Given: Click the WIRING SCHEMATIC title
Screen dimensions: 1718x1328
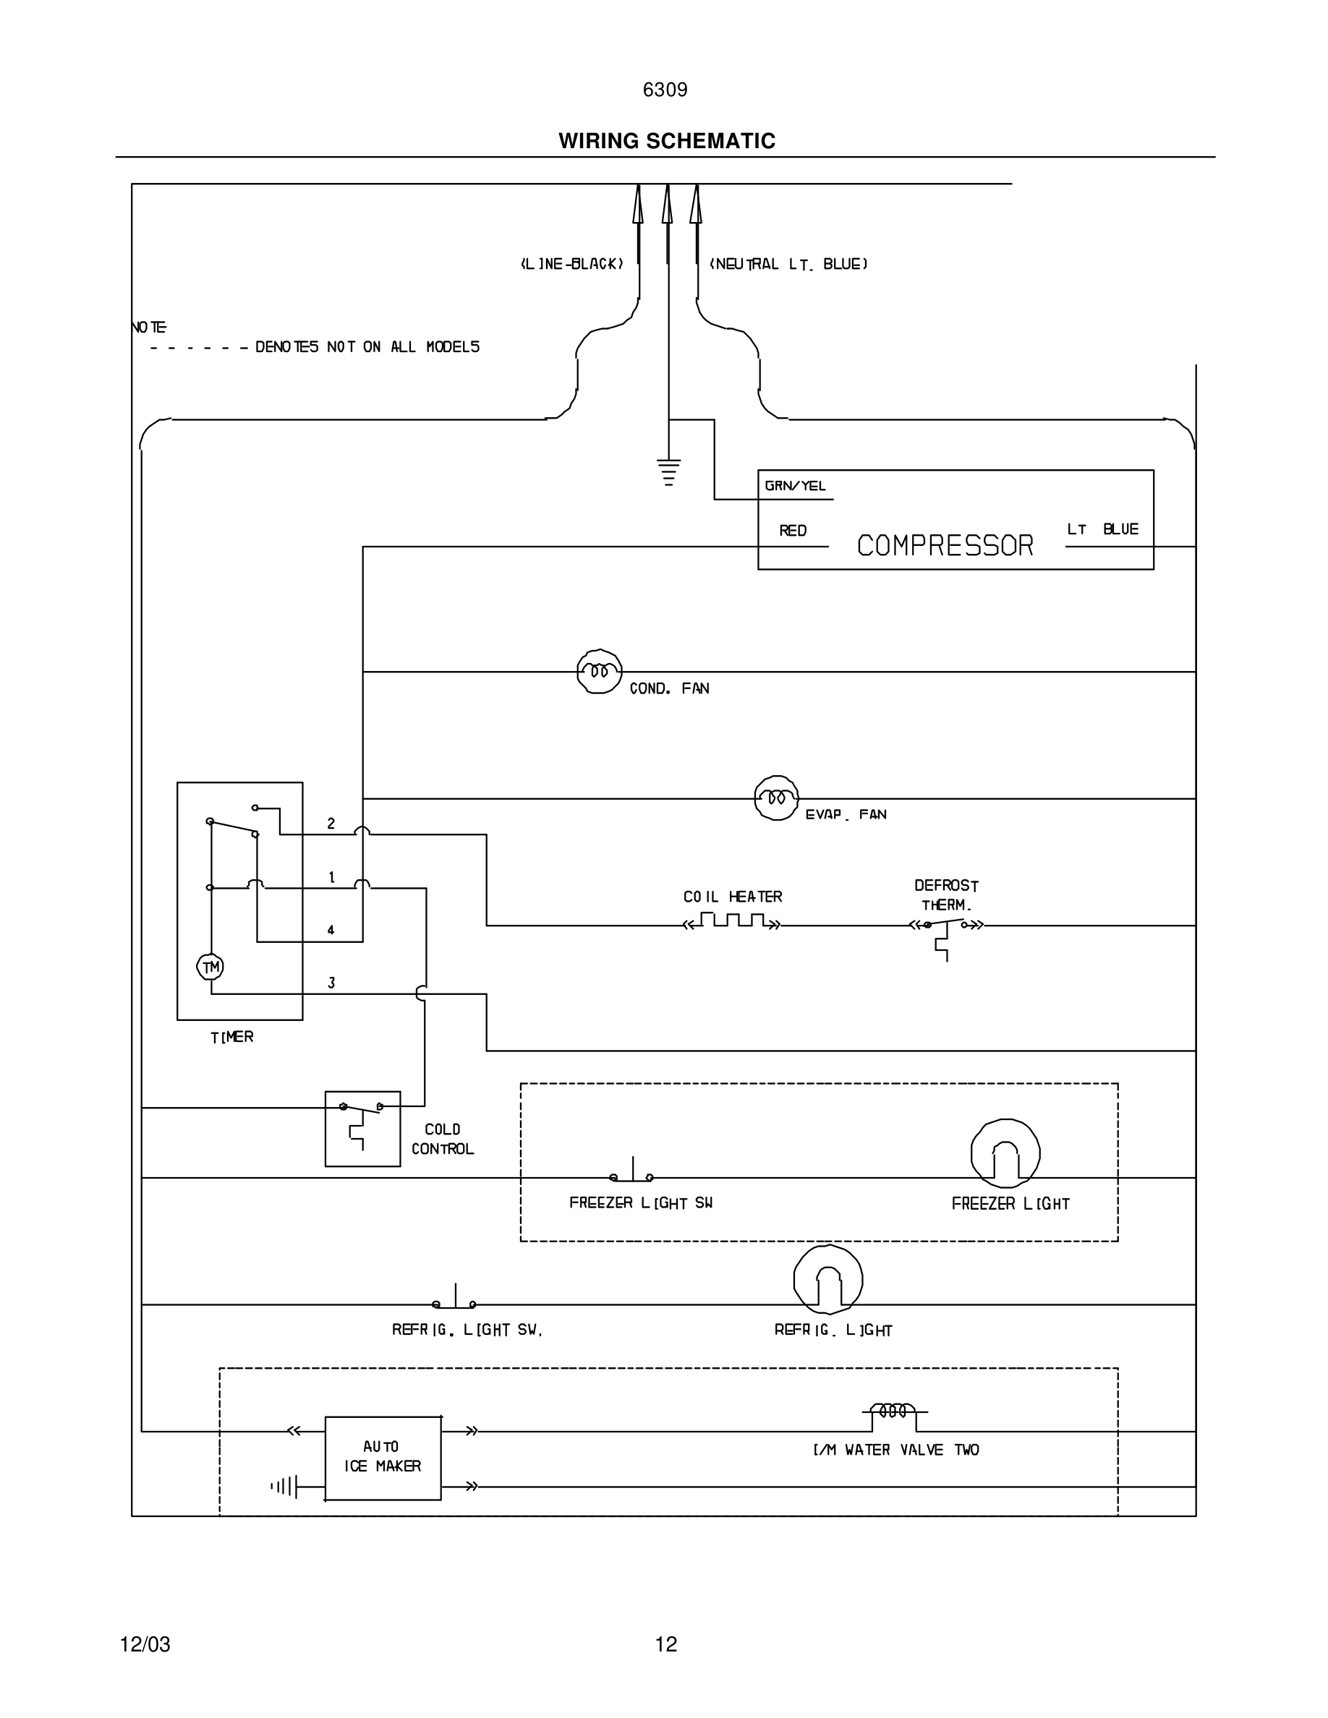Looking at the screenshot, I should pos(666,141).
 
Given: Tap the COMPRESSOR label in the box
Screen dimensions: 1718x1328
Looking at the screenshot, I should pos(944,545).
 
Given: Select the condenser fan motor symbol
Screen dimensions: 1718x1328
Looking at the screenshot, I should pos(599,671).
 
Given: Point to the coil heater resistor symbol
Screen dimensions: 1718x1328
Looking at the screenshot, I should pos(732,921).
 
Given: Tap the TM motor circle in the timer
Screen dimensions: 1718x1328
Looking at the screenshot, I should pos(210,967).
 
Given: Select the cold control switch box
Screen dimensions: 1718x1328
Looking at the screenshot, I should pos(362,1128).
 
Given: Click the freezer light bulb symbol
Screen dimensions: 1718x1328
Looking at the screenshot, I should pos(1005,1153).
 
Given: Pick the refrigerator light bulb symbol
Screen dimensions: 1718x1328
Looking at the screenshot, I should pos(827,1280).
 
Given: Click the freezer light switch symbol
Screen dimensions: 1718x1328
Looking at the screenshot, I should pos(631,1174).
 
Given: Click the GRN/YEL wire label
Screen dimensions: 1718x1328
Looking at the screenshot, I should pos(795,486).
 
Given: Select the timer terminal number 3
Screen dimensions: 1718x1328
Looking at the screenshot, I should pos(331,983).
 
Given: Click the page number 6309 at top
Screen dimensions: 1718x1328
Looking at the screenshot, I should pos(665,90).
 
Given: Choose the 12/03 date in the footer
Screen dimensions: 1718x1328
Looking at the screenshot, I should pos(145,1644).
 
